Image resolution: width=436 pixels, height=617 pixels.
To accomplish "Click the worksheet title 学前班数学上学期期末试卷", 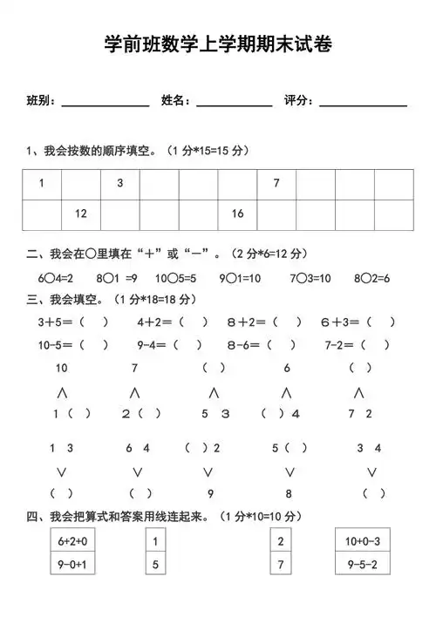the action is click(x=218, y=44).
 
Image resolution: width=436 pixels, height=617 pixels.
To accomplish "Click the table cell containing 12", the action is click(x=81, y=214).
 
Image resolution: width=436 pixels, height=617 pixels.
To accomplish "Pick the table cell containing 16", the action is click(x=237, y=214).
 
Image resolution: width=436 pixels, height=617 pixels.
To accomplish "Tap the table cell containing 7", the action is click(x=276, y=183).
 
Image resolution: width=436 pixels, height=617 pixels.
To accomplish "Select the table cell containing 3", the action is click(x=120, y=183).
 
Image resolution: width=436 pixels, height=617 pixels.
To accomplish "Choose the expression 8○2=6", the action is click(x=371, y=278).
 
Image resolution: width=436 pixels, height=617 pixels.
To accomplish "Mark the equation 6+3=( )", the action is click(x=358, y=322).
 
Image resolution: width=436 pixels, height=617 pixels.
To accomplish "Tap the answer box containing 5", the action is click(x=155, y=564).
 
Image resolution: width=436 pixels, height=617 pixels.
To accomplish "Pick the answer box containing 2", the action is click(x=281, y=541).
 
